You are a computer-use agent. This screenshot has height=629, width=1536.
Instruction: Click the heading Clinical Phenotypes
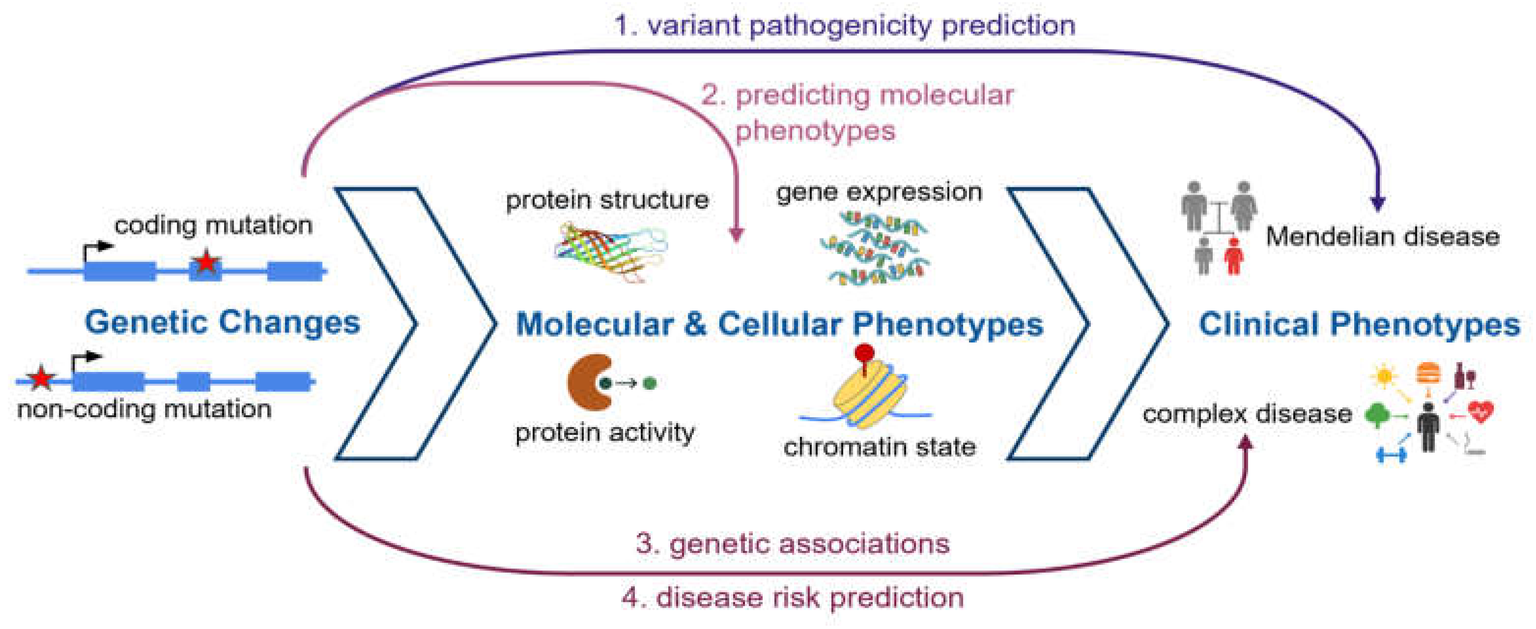pyautogui.click(x=1359, y=324)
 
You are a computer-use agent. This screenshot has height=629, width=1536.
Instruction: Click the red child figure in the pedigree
pyautogui.click(x=1233, y=257)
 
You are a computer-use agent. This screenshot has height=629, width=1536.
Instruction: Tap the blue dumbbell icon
pyautogui.click(x=1391, y=456)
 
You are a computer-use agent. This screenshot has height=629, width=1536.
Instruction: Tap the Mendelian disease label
pyautogui.click(x=1382, y=237)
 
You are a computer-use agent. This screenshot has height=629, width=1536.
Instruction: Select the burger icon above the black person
pyautogui.click(x=1429, y=373)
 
